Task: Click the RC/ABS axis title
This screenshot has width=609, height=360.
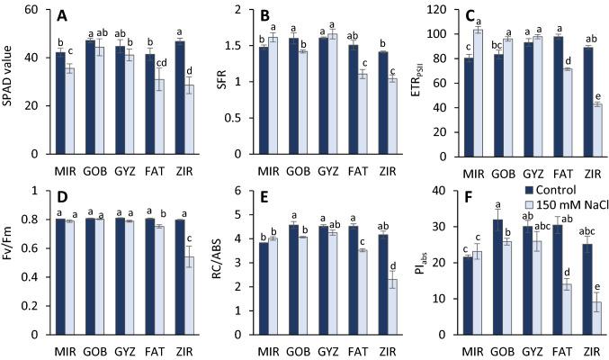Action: [x=213, y=261]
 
